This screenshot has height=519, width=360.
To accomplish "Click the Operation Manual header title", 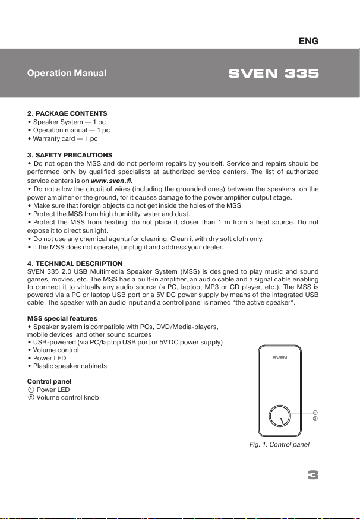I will point(67,74).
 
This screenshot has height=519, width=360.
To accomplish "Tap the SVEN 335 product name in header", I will point(274,74).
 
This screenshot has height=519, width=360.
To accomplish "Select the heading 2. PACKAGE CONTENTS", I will point(67,113).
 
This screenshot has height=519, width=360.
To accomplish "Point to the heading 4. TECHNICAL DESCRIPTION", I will point(75,264).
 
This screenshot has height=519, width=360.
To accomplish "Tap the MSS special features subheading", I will point(62,319).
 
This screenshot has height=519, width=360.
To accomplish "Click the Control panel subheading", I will point(50,381).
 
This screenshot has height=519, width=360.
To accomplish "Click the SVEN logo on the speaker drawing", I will point(280,359).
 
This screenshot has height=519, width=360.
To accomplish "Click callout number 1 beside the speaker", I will point(316,412).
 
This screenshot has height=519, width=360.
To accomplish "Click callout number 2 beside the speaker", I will point(316,419).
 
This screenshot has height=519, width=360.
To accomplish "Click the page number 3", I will point(314,475).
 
